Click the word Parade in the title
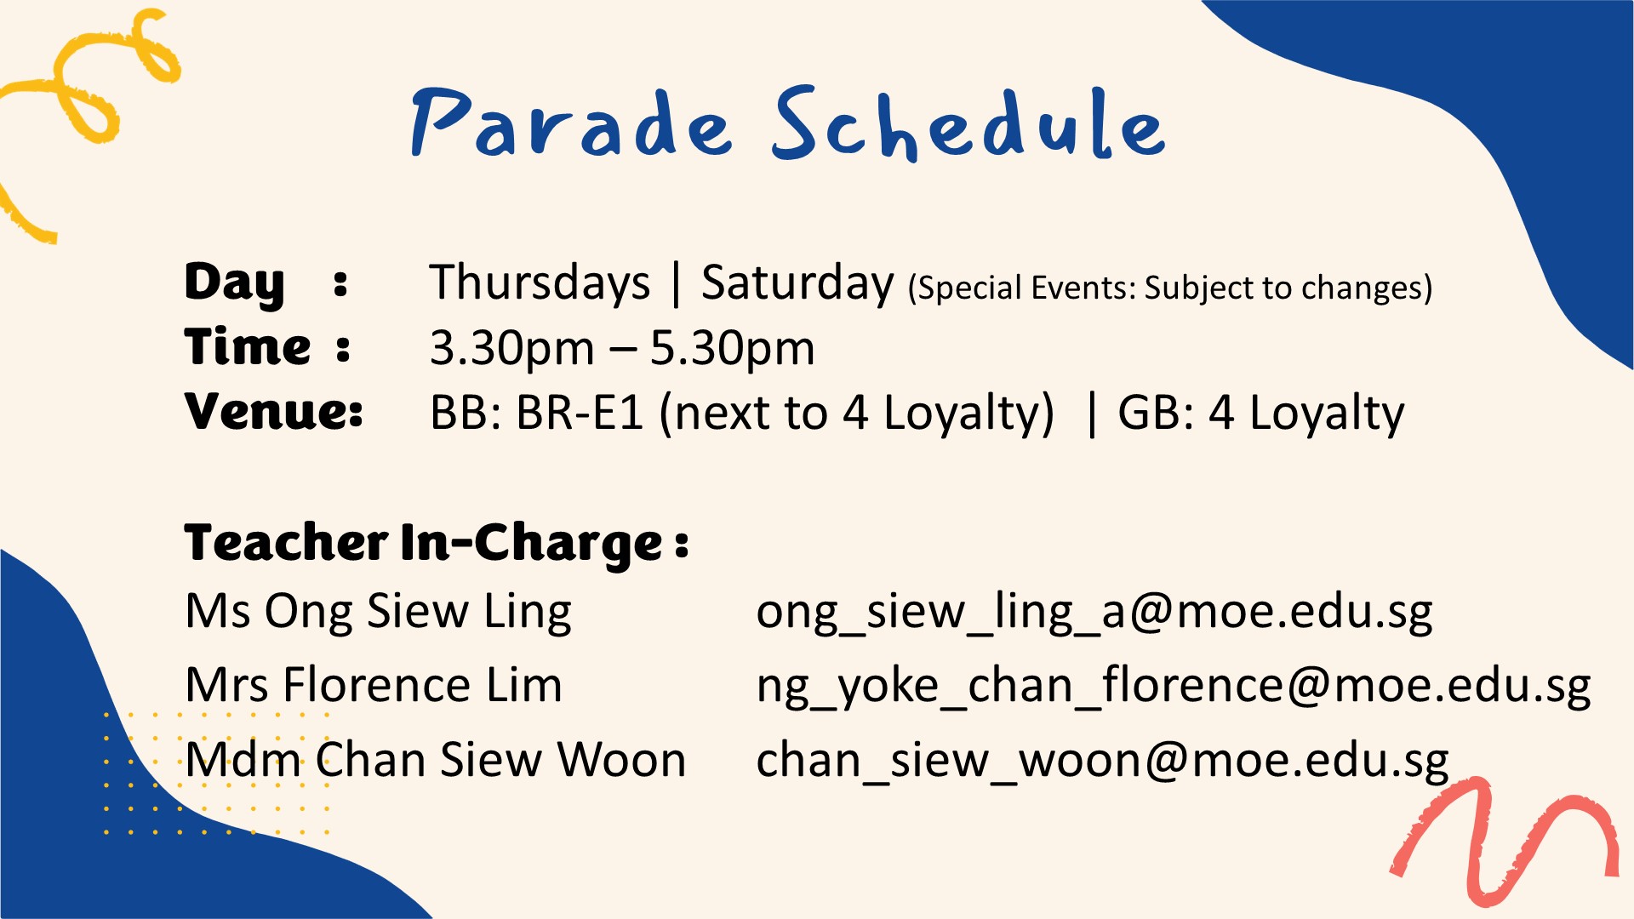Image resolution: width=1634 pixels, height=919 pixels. click(x=570, y=123)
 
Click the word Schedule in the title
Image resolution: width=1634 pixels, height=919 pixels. click(x=968, y=123)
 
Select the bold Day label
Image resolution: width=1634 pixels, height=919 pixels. click(x=235, y=283)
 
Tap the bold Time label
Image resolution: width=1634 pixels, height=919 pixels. click(x=248, y=347)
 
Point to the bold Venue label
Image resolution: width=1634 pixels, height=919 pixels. click(x=274, y=412)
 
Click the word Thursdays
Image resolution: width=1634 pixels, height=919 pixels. click(x=540, y=283)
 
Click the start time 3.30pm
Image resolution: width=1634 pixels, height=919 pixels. click(x=511, y=350)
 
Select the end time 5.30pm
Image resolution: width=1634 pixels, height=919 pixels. click(x=733, y=350)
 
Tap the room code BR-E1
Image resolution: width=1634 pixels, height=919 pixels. click(x=579, y=413)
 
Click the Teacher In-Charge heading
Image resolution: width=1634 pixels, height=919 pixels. click(x=437, y=543)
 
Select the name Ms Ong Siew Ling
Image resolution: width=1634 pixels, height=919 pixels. click(x=378, y=613)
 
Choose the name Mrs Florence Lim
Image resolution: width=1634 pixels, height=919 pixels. click(x=374, y=685)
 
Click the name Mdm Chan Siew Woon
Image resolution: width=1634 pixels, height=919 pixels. click(x=436, y=759)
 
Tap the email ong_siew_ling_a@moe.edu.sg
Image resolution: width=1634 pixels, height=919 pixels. click(x=1094, y=613)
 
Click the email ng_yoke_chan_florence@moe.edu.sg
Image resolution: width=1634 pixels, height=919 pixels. click(x=1174, y=687)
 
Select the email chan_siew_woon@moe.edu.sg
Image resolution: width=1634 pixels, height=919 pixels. click(x=1102, y=760)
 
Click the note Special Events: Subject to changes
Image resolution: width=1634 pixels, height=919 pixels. click(x=1170, y=288)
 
